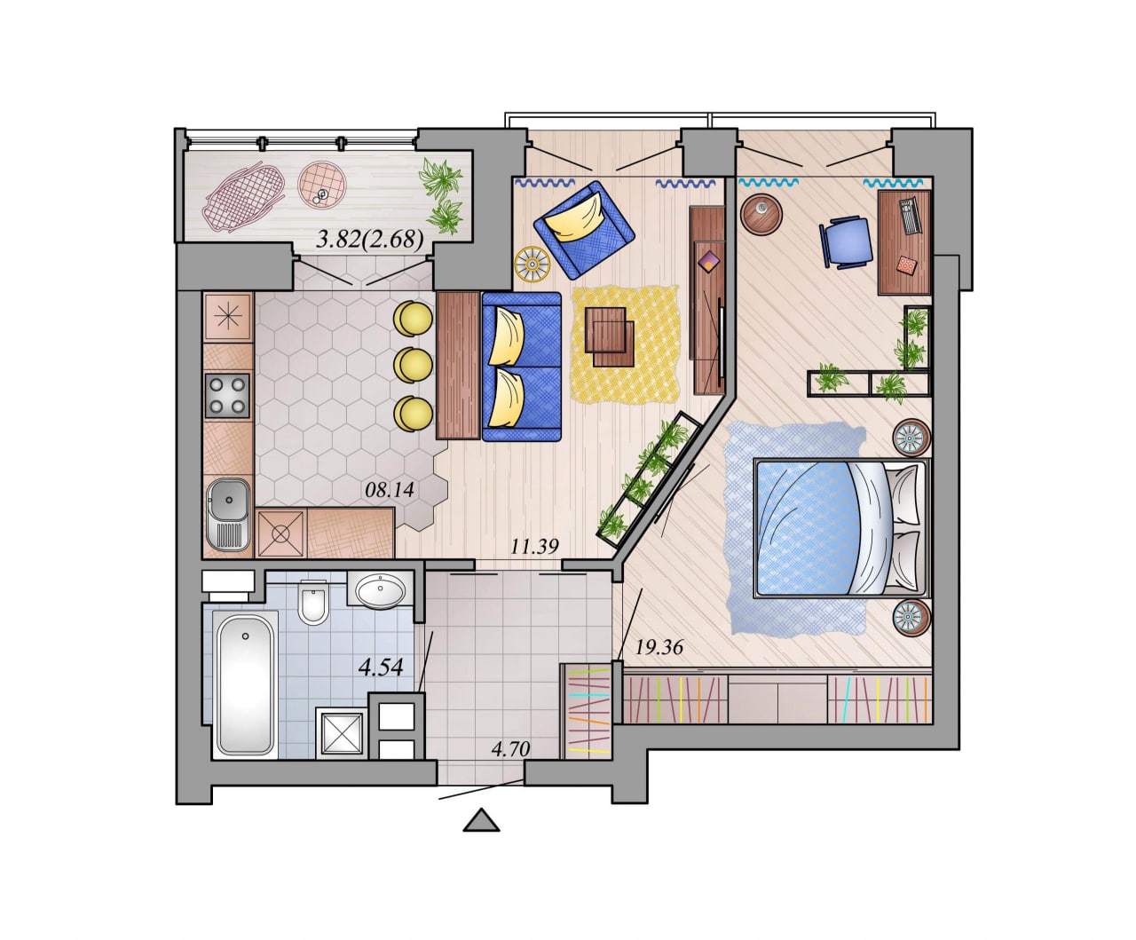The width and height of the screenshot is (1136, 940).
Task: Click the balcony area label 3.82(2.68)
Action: coord(370,239)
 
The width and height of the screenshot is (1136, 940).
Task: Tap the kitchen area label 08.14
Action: coord(390,490)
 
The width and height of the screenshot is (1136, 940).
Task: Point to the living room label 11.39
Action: coord(534,546)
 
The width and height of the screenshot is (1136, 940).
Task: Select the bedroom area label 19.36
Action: coord(659,647)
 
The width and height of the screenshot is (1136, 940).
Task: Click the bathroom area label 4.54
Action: coord(381,667)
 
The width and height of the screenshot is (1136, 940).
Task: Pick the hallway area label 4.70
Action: coord(510,749)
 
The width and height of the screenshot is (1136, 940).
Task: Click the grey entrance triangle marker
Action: coord(482,819)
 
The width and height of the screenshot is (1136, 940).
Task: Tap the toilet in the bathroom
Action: coord(312,602)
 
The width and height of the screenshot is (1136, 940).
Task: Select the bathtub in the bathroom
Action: coord(245,684)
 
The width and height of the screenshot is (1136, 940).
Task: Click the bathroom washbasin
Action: coord(381,589)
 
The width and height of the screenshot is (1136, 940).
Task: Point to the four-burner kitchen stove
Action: coord(227,396)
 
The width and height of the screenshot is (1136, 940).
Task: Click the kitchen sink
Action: coord(228,515)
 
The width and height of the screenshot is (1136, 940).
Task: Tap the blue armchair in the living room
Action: coord(584,230)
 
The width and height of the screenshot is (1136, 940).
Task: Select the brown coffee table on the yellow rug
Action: coord(610,337)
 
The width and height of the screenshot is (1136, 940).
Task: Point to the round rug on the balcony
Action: coord(322,185)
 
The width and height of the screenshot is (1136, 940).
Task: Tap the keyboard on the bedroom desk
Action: coord(909,216)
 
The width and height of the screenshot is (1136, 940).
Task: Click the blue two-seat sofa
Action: coord(521,367)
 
